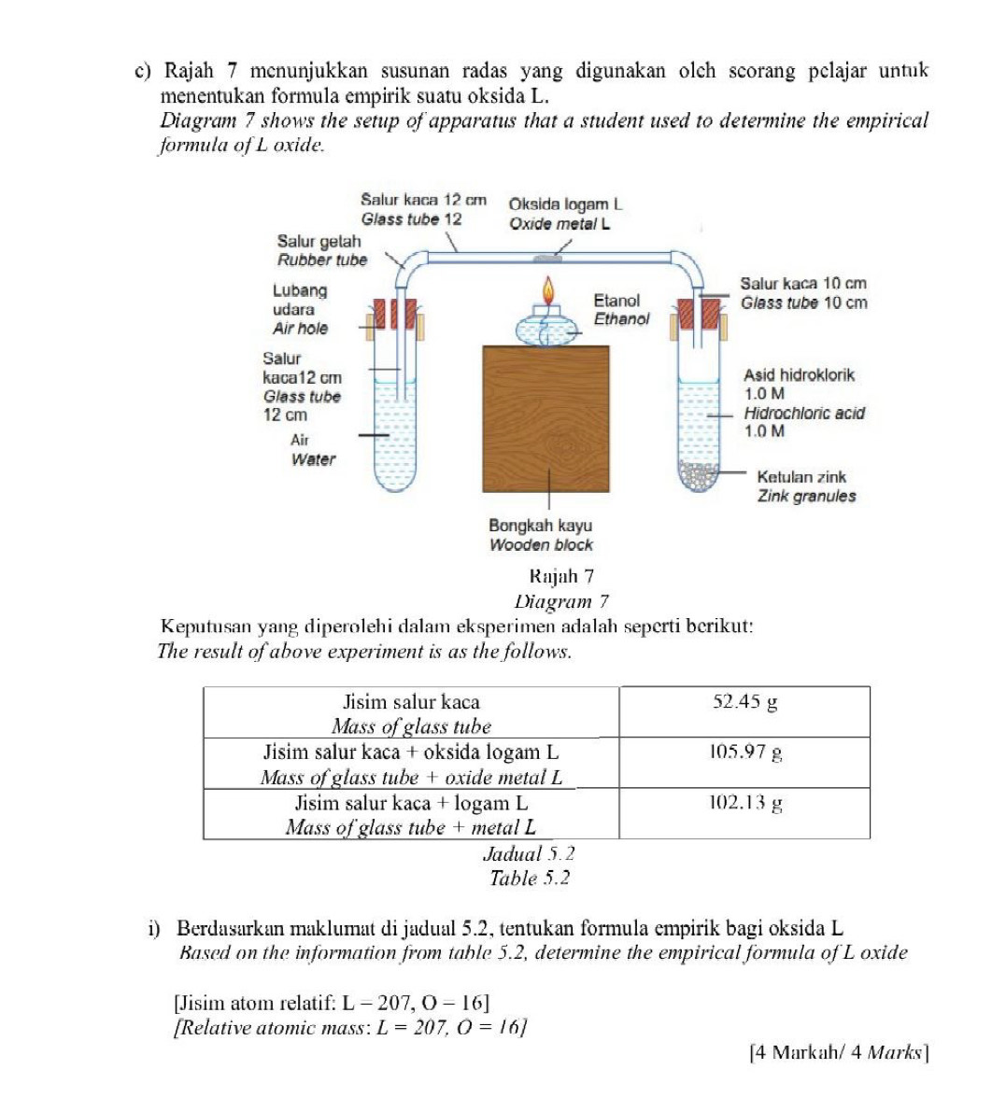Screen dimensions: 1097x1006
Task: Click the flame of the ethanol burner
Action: click(x=548, y=288)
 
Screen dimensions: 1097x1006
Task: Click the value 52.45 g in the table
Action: click(x=744, y=703)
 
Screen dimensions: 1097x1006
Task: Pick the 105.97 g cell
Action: click(x=744, y=752)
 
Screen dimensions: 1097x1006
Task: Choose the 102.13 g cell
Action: click(x=744, y=802)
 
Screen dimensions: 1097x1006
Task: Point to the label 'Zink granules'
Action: click(x=805, y=497)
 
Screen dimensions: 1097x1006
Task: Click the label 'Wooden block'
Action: click(x=541, y=545)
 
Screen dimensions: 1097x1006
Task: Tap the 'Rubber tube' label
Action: click(x=321, y=260)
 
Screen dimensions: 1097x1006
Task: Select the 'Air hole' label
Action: click(x=300, y=329)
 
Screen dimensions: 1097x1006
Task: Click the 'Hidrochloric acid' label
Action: click(x=803, y=413)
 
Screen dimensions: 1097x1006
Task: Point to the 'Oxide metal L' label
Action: click(x=560, y=224)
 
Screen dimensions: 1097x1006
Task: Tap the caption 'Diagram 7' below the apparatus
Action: click(x=560, y=601)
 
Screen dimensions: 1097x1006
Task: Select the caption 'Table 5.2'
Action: click(x=530, y=879)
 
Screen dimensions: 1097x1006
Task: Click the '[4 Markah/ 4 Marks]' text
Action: click(x=839, y=1052)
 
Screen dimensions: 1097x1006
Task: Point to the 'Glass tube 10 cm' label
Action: click(x=802, y=302)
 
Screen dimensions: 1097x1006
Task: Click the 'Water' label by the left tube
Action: click(x=313, y=459)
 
